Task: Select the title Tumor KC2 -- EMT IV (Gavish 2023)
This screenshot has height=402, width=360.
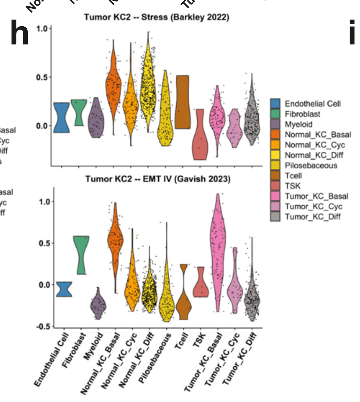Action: (x=158, y=179)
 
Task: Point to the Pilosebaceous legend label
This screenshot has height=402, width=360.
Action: (x=310, y=165)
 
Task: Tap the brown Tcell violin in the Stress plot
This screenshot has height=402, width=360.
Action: (x=183, y=101)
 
